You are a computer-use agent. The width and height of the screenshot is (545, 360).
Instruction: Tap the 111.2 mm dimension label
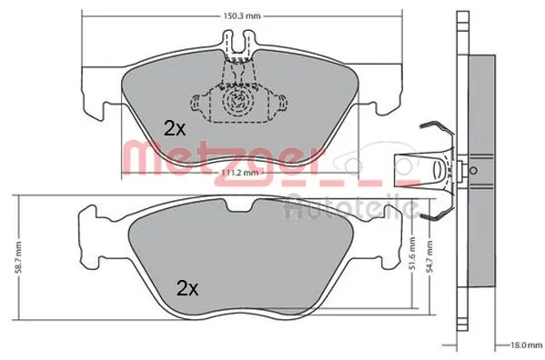(x=241, y=172)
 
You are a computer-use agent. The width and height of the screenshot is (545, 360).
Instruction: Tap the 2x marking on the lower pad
(x=187, y=289)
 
